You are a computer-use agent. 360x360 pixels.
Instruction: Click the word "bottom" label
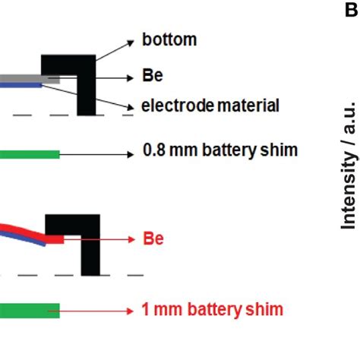coord(169,39)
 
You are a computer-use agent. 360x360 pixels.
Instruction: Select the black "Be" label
coord(152,75)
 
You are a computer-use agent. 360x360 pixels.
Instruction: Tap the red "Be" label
coord(153,239)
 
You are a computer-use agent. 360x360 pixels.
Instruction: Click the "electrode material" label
coord(210,106)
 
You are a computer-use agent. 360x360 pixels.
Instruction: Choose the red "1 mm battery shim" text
coord(212,309)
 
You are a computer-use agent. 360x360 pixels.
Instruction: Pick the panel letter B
coord(352,10)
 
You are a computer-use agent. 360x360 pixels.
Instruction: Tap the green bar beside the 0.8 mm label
coord(30,154)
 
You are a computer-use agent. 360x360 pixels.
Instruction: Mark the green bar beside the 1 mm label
coord(30,310)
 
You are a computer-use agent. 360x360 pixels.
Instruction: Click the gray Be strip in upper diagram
coord(30,77)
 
